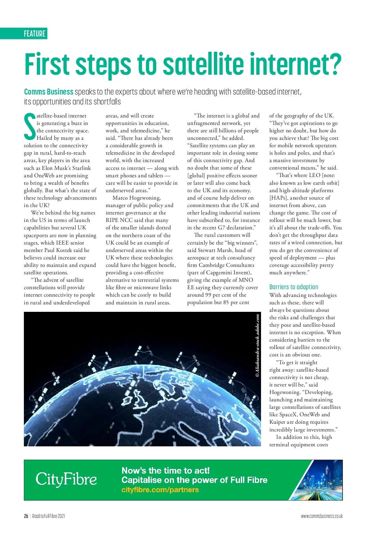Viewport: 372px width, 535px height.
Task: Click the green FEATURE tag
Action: click(34, 33)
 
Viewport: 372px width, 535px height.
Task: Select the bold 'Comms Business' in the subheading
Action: click(49, 92)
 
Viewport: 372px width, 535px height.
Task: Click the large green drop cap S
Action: click(30, 127)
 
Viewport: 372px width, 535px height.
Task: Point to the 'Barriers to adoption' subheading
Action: click(294, 287)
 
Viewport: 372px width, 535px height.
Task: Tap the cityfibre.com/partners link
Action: click(160, 490)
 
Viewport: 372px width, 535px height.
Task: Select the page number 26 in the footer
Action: click(26, 516)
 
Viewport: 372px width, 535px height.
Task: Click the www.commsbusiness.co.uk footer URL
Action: click(321, 516)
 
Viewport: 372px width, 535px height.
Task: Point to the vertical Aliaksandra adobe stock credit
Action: click(257, 346)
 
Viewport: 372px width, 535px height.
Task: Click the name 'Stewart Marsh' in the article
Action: click(222, 250)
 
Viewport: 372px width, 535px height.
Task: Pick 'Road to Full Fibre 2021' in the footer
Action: click(49, 516)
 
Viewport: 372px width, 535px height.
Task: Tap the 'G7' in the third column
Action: click(221, 228)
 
